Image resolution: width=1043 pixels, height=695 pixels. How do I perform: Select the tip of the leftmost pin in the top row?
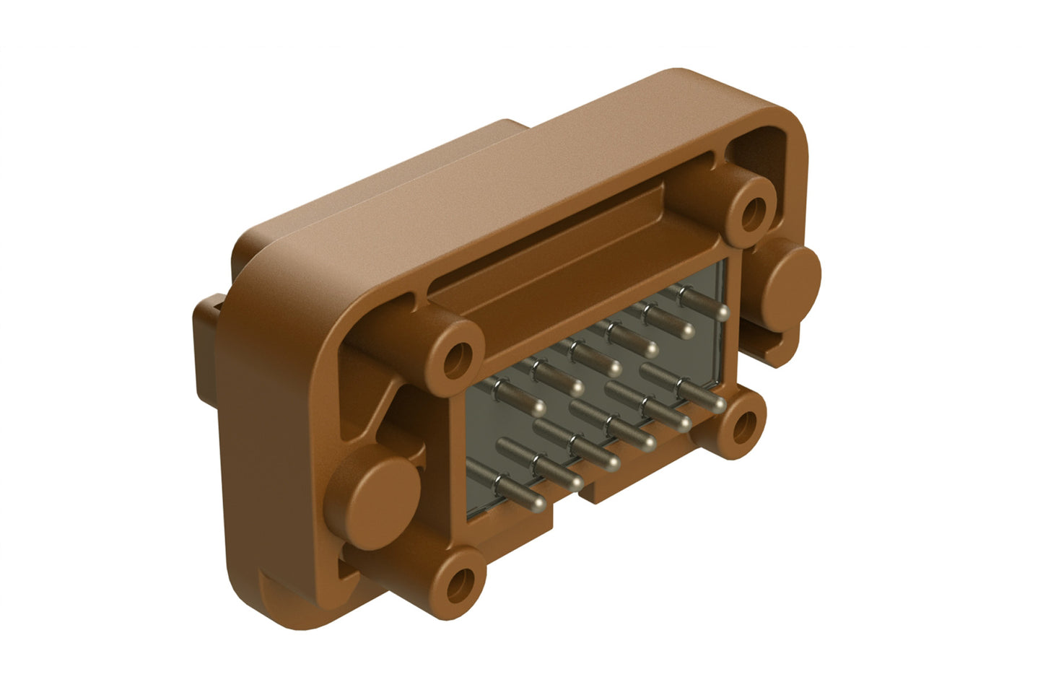pos(539,408)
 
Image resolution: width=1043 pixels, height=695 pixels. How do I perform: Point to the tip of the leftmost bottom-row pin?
pos(538,502)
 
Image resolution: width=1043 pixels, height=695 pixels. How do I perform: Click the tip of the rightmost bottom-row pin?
pos(718,403)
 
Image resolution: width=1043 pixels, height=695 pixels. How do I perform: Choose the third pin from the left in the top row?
pos(614,370)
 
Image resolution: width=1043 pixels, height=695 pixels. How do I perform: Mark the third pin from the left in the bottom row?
pos(612,460)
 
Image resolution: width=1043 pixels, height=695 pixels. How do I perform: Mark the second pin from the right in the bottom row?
pos(683,421)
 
